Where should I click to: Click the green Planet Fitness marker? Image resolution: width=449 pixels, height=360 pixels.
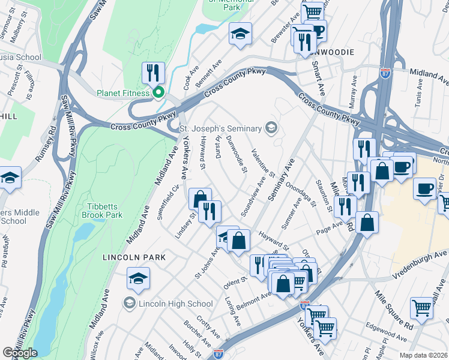click(x=159, y=92)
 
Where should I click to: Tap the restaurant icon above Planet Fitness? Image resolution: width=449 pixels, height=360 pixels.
click(x=152, y=73)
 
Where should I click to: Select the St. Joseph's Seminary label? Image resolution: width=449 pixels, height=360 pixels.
click(x=221, y=128)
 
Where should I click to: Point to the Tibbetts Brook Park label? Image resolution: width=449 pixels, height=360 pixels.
click(x=102, y=211)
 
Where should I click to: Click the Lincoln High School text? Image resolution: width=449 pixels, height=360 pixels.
click(x=175, y=304)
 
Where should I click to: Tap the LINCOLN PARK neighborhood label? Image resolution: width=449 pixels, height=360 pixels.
click(x=133, y=257)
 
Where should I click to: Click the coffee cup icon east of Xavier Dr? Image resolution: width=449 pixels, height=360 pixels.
click(x=425, y=190)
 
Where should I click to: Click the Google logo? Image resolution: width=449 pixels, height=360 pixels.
click(x=20, y=353)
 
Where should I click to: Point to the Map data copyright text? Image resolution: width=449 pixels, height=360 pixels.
click(x=423, y=355)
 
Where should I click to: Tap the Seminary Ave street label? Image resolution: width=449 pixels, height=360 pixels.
click(x=282, y=181)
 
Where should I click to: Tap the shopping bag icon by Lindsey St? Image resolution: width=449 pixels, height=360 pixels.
click(x=200, y=199)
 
